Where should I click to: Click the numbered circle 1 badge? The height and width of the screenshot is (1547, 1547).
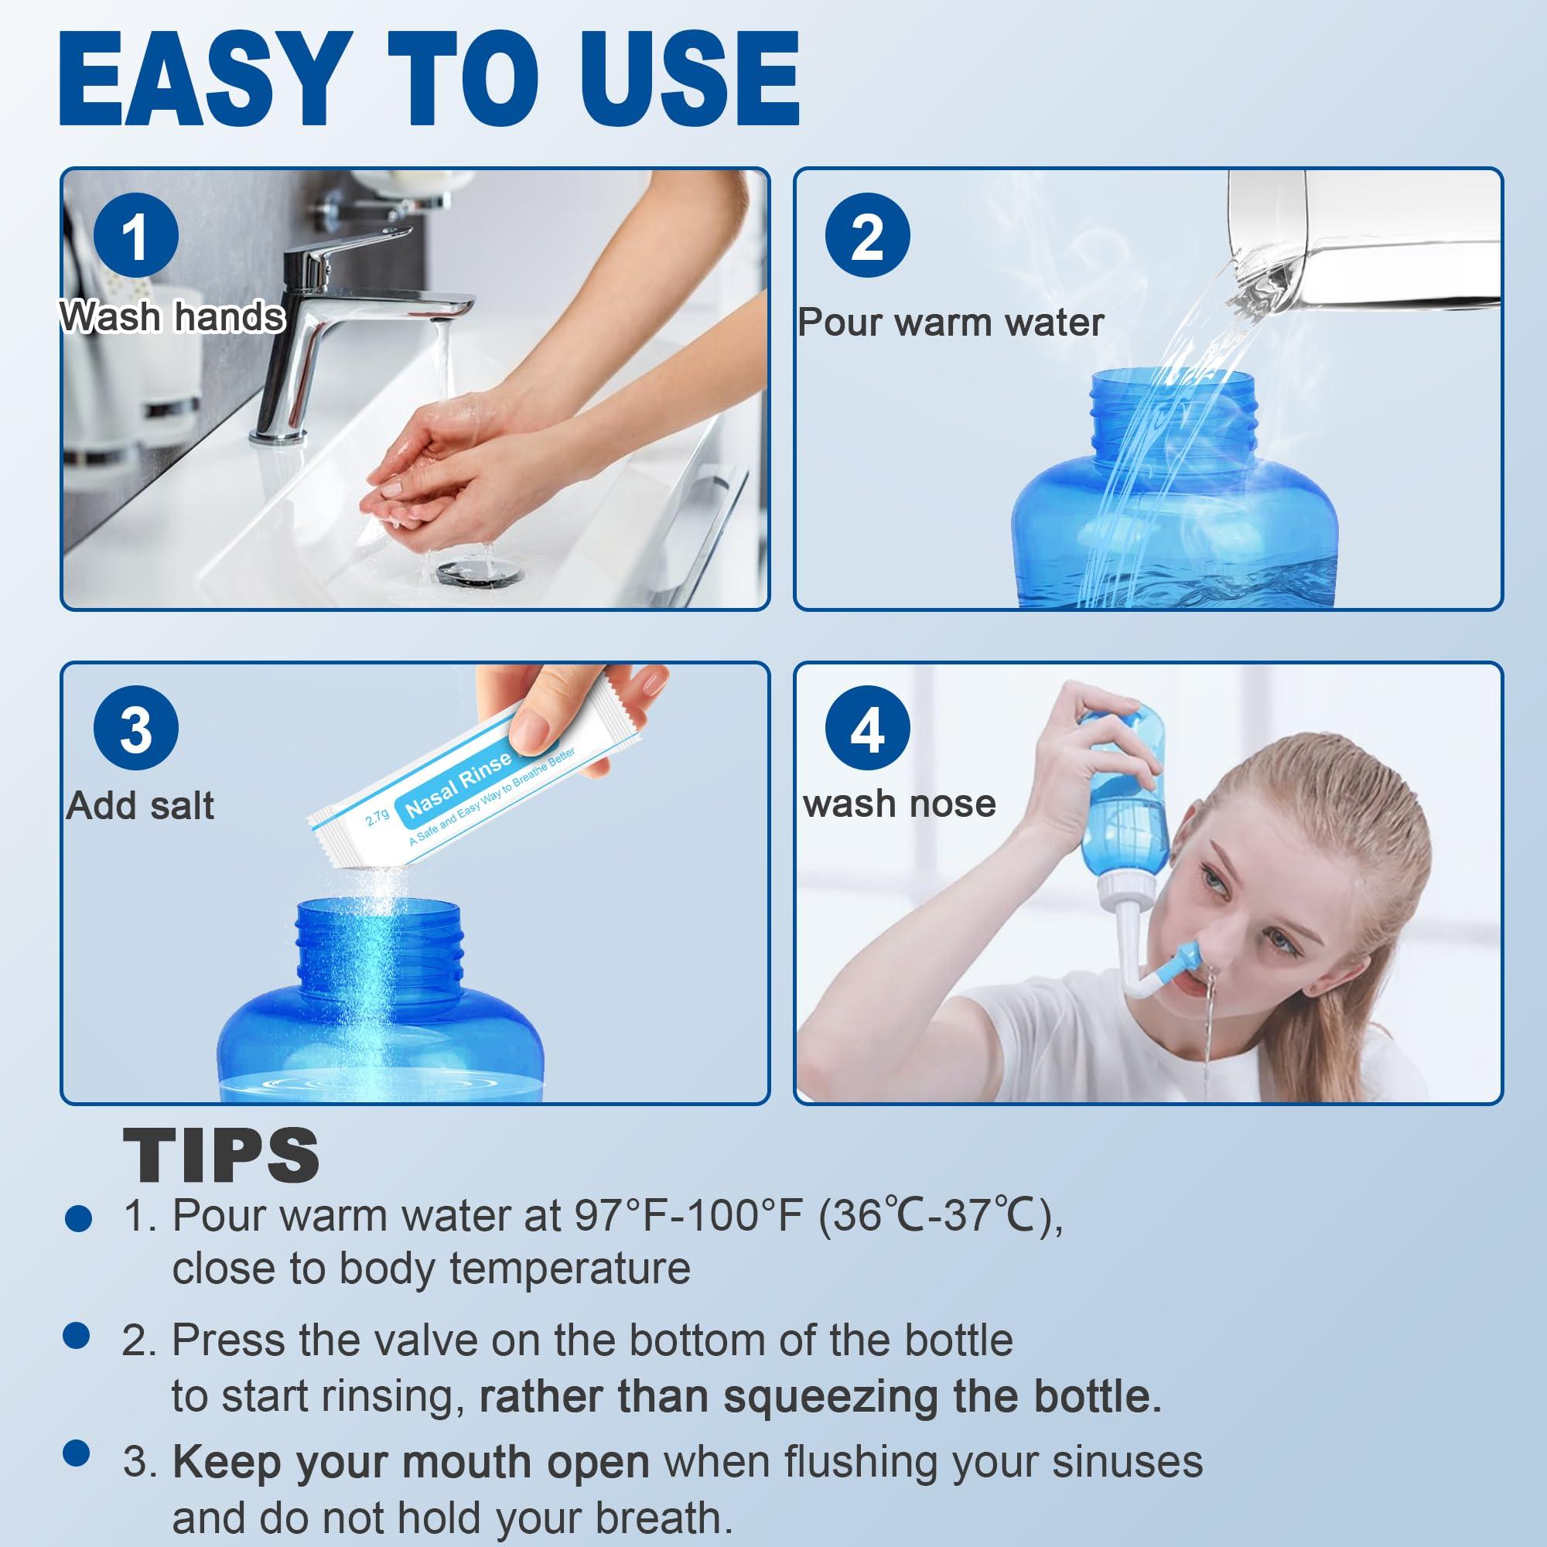pyautogui.click(x=135, y=235)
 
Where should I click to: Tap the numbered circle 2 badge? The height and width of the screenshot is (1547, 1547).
pyautogui.click(x=867, y=235)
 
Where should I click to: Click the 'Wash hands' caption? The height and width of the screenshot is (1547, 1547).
pyautogui.click(x=172, y=317)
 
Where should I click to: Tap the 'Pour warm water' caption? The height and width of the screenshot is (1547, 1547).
pyautogui.click(x=951, y=323)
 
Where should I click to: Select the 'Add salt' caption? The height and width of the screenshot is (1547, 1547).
pyautogui.click(x=140, y=805)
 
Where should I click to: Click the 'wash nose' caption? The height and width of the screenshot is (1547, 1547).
pyautogui.click(x=900, y=803)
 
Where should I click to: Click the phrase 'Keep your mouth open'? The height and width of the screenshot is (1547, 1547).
pyautogui.click(x=411, y=1462)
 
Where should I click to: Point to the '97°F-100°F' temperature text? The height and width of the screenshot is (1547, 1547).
pyautogui.click(x=688, y=1215)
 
